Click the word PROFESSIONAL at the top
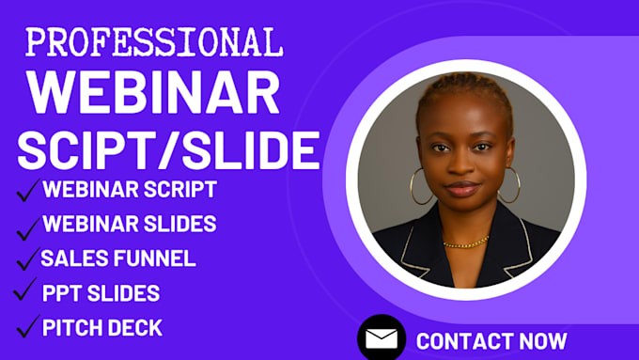[154, 41]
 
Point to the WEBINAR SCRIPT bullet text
[130, 189]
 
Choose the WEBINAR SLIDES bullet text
[130, 224]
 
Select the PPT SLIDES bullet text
[101, 293]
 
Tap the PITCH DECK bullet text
[102, 328]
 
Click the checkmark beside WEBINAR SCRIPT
[25, 193]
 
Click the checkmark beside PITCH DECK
[25, 330]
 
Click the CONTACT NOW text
[491, 340]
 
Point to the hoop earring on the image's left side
[422, 186]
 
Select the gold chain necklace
[466, 243]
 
